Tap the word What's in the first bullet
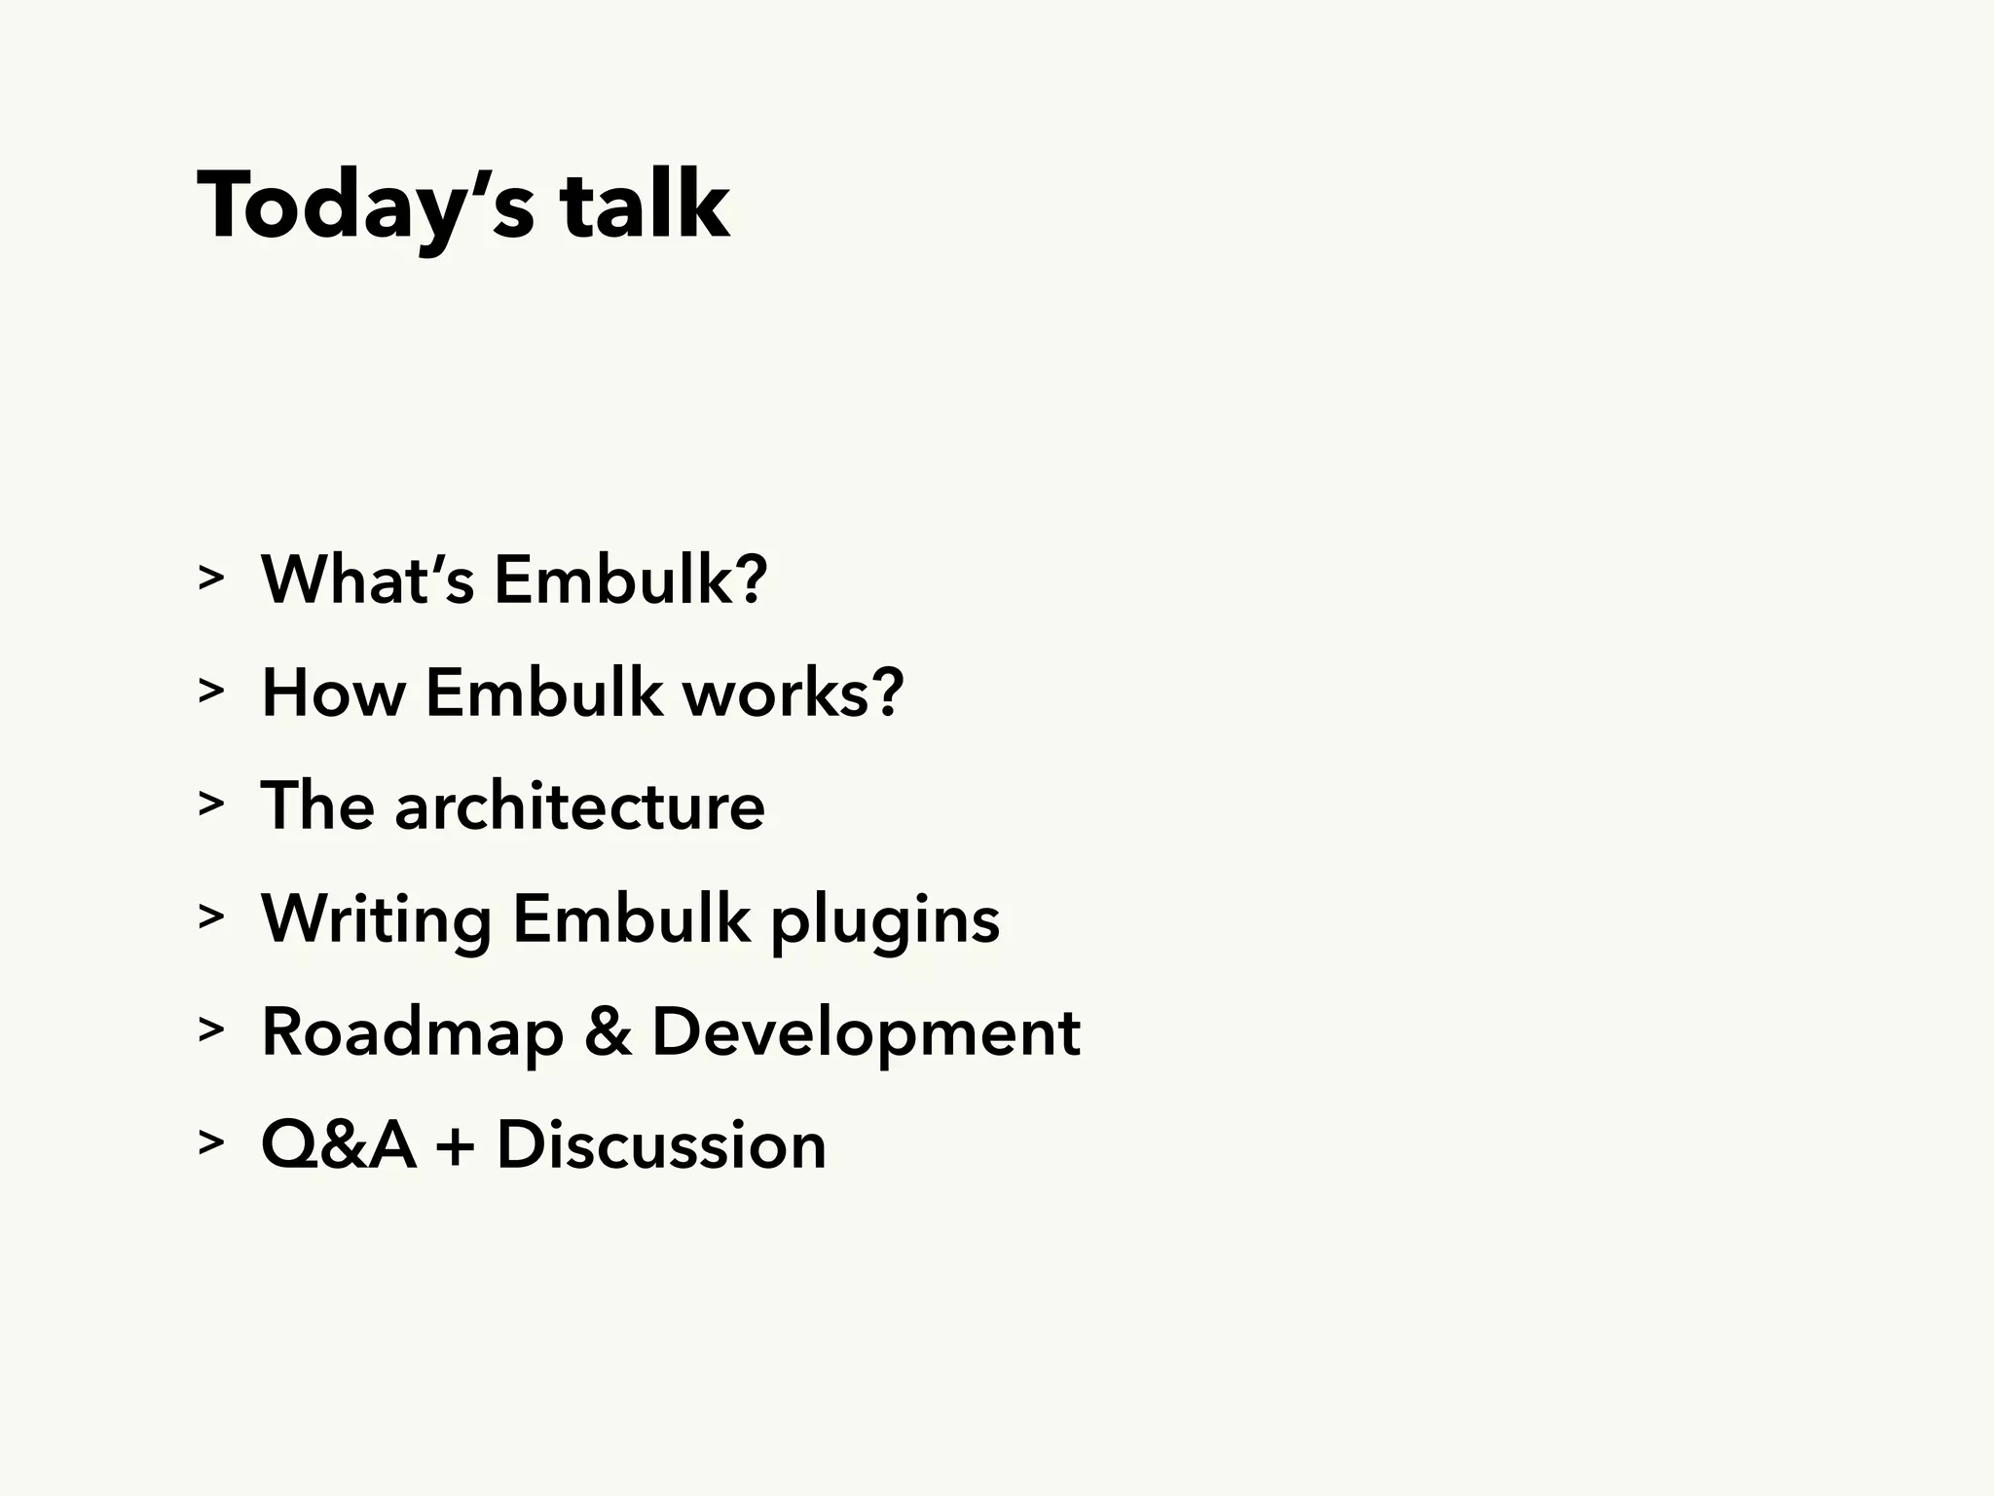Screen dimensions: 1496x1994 367,580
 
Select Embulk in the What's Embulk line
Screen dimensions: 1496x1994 630,580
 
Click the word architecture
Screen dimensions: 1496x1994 579,806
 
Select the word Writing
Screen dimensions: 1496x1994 376,919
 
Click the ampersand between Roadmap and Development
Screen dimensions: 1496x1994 608,1031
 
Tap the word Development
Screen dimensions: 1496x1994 866,1032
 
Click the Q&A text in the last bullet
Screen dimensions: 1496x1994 338,1144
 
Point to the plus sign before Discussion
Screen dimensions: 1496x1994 456,1146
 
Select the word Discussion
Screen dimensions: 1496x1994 661,1144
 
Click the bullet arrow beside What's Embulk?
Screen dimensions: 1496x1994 210,579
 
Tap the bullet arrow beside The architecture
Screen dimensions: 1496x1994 210,804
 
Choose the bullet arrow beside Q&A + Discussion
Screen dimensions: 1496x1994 210,1143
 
